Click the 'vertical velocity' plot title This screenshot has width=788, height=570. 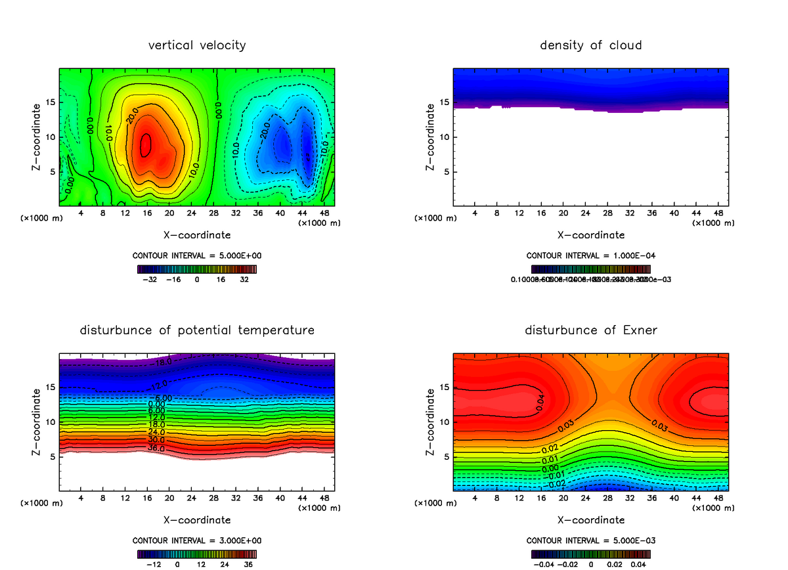tap(197, 45)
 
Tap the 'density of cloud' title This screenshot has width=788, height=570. tap(590, 45)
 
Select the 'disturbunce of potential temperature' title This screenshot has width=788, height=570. tap(197, 330)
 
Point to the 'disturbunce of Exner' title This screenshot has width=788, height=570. tap(590, 330)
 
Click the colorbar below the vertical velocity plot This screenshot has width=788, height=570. tap(197, 269)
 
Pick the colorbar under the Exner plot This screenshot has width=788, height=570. tap(590, 554)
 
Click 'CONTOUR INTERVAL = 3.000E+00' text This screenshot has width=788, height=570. tap(197, 540)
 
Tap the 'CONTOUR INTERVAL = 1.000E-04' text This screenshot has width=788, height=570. tap(590, 255)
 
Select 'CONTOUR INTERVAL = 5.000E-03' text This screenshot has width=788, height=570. tap(590, 540)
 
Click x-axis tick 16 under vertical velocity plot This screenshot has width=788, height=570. tap(147, 213)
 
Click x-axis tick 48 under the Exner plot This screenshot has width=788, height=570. tap(718, 498)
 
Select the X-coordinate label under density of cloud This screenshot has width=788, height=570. tap(590, 235)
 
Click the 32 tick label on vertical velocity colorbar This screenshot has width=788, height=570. tap(244, 280)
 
